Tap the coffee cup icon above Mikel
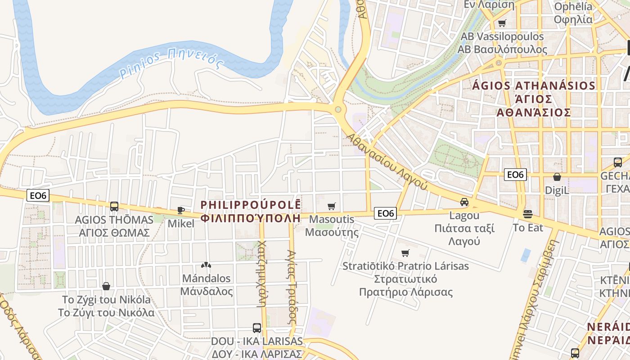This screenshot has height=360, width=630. coord(181,210)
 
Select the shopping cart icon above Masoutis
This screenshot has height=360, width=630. coord(332,207)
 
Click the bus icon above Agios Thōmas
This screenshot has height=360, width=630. coord(114,207)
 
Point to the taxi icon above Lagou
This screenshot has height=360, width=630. coord(464,202)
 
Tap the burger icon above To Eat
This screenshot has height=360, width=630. coord(528,214)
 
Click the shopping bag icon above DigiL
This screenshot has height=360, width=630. coord(557,177)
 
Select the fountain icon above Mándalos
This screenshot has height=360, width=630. coord(206,265)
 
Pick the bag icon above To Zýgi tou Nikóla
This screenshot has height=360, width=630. coord(106,286)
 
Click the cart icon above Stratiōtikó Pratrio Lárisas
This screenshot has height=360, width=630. coord(405,253)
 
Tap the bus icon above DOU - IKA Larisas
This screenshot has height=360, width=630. coord(257,328)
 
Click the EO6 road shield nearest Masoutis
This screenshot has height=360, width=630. coord(386,213)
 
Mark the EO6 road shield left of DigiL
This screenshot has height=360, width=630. coord(515,175)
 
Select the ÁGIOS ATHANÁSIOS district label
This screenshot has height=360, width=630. coord(534,85)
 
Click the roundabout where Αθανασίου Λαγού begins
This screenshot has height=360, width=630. coord(338,109)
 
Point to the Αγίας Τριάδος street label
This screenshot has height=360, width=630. coord(292,288)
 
